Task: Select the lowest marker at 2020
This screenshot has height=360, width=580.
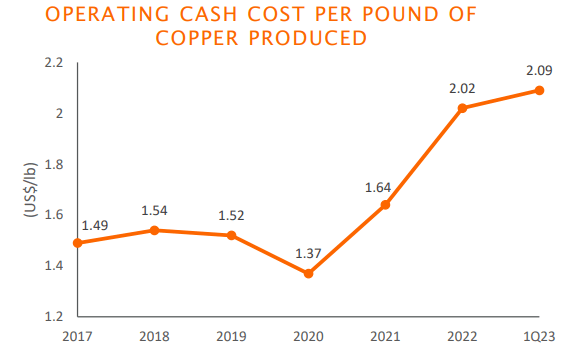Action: pyautogui.click(x=308, y=273)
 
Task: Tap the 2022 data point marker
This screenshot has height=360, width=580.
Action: pyautogui.click(x=462, y=108)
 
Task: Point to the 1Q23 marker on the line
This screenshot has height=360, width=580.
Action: pyautogui.click(x=539, y=90)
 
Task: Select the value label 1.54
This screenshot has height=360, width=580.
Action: pyautogui.click(x=154, y=211)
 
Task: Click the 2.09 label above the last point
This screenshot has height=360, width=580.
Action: pyautogui.click(x=539, y=70)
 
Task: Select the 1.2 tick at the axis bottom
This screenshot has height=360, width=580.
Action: pyautogui.click(x=55, y=316)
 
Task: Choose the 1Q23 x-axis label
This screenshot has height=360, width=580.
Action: pyautogui.click(x=540, y=338)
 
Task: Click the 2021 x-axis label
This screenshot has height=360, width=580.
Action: pyautogui.click(x=385, y=338)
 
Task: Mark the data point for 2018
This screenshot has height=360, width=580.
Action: pyautogui.click(x=153, y=230)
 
